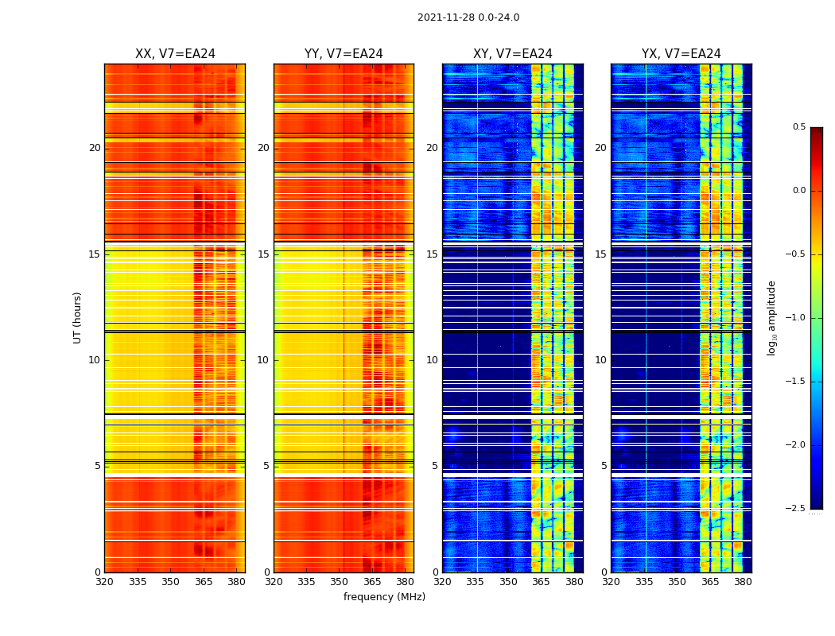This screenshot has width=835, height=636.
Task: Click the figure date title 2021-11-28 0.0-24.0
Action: click(x=468, y=17)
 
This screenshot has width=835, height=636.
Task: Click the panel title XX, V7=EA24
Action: click(x=175, y=54)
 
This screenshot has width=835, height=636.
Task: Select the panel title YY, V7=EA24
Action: click(x=344, y=54)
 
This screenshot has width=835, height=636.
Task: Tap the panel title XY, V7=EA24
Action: click(x=512, y=54)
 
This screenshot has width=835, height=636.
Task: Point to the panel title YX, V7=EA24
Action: click(x=681, y=54)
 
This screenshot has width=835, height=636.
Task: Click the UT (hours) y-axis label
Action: click(x=78, y=317)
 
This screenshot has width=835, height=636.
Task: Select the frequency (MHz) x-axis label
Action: click(x=384, y=597)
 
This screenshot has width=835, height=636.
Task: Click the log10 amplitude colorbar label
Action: click(x=771, y=317)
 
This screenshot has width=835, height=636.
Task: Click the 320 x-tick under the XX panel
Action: click(x=104, y=582)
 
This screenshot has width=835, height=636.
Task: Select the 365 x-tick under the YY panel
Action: click(x=372, y=582)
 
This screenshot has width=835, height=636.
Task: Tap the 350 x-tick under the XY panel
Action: click(x=508, y=582)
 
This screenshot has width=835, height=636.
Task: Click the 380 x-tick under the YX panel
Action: click(x=743, y=582)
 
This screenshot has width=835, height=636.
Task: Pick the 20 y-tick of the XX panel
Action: click(x=95, y=148)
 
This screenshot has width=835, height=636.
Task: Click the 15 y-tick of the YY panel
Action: click(x=263, y=254)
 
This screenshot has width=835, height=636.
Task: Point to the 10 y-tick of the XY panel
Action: click(x=432, y=360)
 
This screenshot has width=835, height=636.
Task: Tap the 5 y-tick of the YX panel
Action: click(x=604, y=466)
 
